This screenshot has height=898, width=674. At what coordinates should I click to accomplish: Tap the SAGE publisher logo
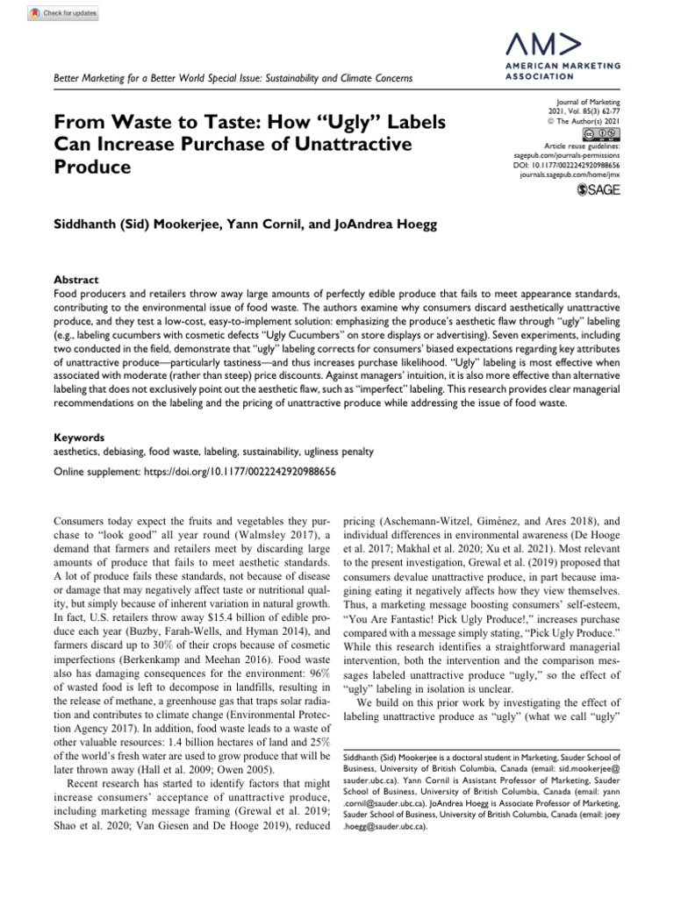click(x=599, y=190)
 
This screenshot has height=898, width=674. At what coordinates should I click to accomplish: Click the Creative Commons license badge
click(x=606, y=133)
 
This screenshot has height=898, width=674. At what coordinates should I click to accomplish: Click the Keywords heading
click(x=80, y=436)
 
